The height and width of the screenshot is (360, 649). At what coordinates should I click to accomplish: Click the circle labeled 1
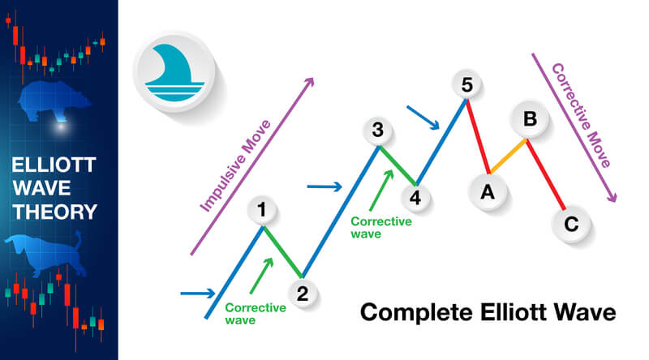[x=261, y=211]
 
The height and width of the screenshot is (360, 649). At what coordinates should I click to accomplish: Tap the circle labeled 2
[x=302, y=294]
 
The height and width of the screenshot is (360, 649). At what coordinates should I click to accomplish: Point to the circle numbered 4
[x=415, y=197]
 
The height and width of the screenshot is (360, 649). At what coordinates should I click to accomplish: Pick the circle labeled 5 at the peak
[x=466, y=84]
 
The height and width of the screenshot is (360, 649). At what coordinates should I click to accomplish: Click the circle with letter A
[x=488, y=191]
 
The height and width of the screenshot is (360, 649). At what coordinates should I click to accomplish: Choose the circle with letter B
[x=529, y=120]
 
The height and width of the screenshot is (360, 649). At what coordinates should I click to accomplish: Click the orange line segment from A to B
[x=508, y=156]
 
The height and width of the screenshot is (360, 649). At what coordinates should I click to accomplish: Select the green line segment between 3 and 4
[x=397, y=166]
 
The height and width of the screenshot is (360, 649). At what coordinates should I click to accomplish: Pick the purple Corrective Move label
[x=580, y=114]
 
